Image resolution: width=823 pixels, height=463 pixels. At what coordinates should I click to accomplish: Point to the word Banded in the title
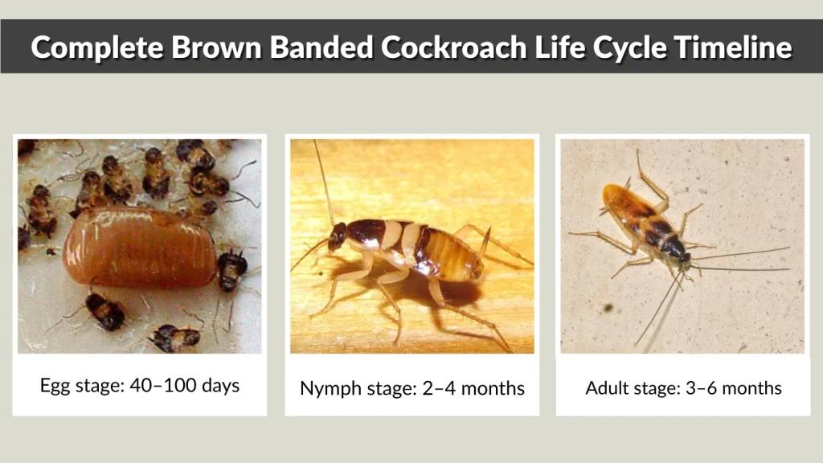pos(321,47)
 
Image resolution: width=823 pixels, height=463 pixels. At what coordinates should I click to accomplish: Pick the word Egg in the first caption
pos(54,385)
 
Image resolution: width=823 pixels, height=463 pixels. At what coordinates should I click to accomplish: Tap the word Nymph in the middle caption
pos(325,389)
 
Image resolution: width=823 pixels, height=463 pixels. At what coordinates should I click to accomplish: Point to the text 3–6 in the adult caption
pos(717,388)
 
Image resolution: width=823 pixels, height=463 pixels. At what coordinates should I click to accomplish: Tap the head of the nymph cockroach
pos(338,236)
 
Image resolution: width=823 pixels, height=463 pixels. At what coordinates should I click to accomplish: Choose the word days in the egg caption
pos(219,385)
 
